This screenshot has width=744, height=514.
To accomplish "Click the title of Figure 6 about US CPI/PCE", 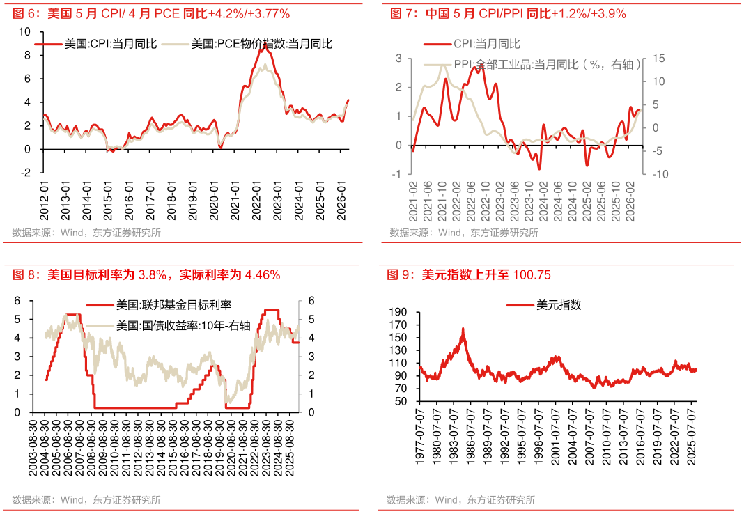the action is (151, 13).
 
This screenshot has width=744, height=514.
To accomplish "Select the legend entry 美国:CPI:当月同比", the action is (95, 44).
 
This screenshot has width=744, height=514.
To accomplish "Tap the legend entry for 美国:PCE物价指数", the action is (247, 44).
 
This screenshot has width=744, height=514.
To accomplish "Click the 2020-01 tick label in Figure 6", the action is (214, 201).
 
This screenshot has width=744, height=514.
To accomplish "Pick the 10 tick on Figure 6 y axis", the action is (24, 32).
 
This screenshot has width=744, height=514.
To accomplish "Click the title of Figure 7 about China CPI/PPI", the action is (508, 13).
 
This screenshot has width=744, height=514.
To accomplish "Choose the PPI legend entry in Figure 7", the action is (532, 65).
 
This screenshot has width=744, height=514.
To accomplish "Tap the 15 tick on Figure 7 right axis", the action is (658, 59).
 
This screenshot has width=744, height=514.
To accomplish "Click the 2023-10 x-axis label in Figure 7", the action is (529, 201).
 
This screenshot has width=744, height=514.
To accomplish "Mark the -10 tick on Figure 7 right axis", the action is (660, 174).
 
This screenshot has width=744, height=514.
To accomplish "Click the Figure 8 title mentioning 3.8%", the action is (146, 274).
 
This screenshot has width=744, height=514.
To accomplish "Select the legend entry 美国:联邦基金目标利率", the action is (158, 305).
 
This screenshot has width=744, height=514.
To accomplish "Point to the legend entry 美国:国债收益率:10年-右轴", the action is (168, 326).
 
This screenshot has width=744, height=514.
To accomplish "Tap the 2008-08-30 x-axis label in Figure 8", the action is (91, 447).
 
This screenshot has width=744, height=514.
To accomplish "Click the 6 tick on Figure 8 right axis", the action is (311, 301).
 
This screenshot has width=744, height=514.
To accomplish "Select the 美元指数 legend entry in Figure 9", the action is (544, 305).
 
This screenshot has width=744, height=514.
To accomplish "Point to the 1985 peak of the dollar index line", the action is (463, 328).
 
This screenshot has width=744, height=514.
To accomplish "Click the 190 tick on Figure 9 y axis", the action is (398, 311).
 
